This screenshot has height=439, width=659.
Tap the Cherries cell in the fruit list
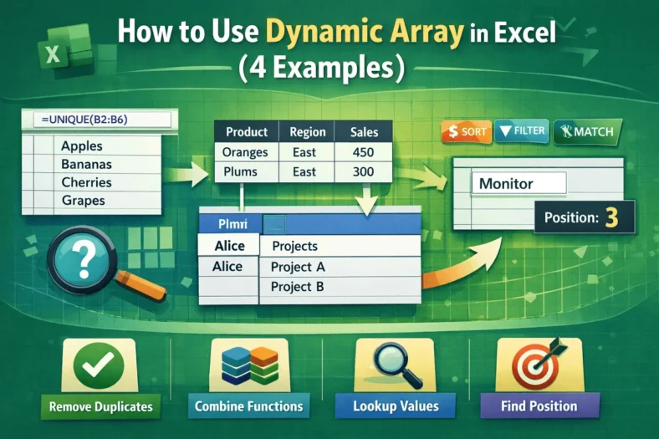(87, 181)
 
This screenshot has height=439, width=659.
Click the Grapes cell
(83, 201)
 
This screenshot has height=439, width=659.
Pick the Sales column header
(365, 132)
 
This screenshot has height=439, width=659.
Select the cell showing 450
(364, 152)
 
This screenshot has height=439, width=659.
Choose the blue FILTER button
(521, 131)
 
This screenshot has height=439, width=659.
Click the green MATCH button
(587, 131)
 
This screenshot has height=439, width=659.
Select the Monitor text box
(519, 183)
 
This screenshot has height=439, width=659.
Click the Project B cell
(298, 287)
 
